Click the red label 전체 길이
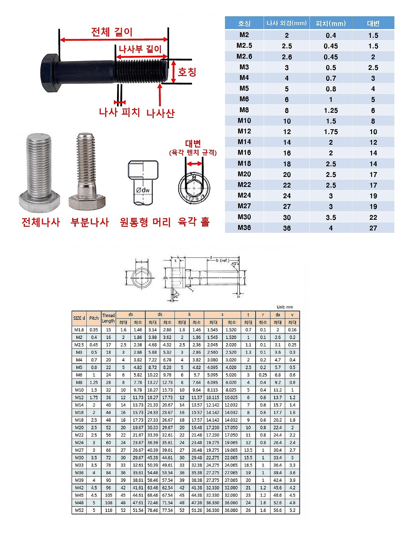coord(112,32)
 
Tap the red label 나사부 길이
coord(140,49)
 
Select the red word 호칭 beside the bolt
coord(187,72)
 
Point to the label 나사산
coord(160,113)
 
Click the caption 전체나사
coord(41,222)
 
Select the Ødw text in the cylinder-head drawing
coord(143,190)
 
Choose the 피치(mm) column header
coord(331,23)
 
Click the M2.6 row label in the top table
coord(244,57)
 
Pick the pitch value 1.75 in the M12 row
coord(331,132)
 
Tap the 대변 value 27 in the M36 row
coord(373,228)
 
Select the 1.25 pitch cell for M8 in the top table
coord(331,111)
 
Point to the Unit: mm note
coord(285,307)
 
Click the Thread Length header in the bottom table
coord(109,318)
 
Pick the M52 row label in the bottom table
coord(79,510)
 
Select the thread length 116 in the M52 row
coord(109,510)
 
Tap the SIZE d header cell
coord(79,318)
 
